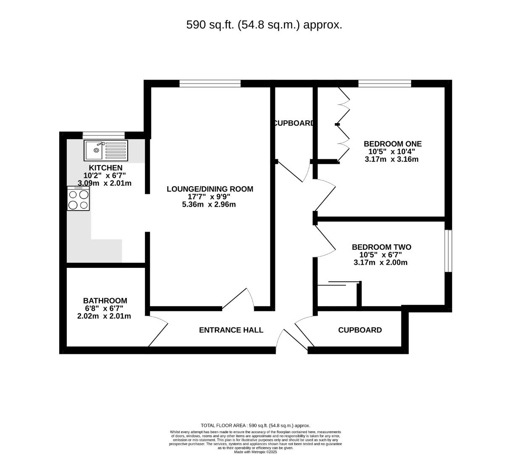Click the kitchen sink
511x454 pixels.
click(x=106, y=150)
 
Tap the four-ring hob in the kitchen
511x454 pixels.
click(x=78, y=198)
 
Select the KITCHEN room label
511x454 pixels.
click(x=105, y=168)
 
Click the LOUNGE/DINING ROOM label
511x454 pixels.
click(x=210, y=189)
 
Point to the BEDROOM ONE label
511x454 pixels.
click(x=393, y=144)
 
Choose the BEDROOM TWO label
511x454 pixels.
click(x=381, y=247)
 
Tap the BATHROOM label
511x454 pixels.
click(x=105, y=301)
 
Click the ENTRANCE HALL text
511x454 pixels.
click(x=231, y=330)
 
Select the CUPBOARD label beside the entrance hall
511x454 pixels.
click(x=360, y=330)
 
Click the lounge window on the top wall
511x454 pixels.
click(x=210, y=83)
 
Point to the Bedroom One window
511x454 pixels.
click(x=385, y=83)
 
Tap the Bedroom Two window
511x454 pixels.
click(x=448, y=251)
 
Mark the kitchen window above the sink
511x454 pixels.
click(x=104, y=135)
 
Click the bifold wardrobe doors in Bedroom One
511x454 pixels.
click(x=343, y=124)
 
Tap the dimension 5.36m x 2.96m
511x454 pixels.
click(x=209, y=204)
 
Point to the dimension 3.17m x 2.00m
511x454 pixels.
click(x=380, y=262)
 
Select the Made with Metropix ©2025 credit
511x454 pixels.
click(x=255, y=452)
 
